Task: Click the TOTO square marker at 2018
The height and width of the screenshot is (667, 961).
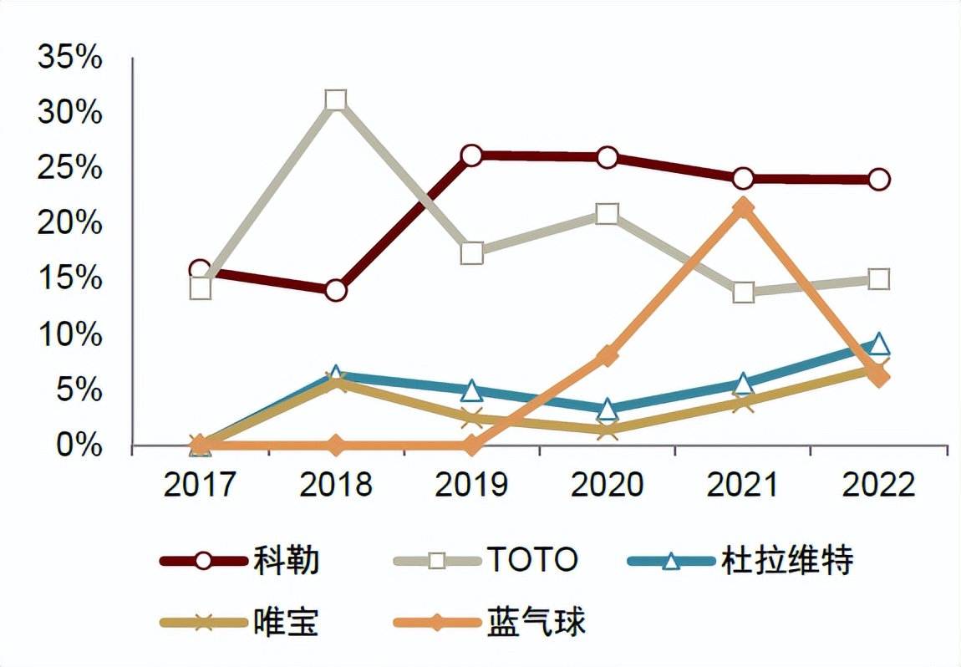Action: pyautogui.click(x=336, y=101)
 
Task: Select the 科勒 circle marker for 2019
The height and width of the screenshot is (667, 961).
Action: pyautogui.click(x=471, y=155)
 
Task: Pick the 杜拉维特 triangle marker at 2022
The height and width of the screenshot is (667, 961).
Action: pyautogui.click(x=878, y=344)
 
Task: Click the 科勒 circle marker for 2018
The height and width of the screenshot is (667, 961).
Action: pyautogui.click(x=336, y=291)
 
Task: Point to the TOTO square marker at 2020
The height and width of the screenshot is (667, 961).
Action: pyautogui.click(x=608, y=214)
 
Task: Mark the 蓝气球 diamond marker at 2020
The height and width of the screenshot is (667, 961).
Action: pyautogui.click(x=608, y=356)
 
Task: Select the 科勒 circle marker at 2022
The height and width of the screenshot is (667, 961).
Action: pyautogui.click(x=878, y=180)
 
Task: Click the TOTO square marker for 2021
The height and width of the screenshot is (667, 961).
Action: pyautogui.click(x=743, y=293)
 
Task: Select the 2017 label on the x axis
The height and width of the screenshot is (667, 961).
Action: pyautogui.click(x=200, y=485)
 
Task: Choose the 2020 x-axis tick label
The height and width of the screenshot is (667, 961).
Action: pyautogui.click(x=608, y=485)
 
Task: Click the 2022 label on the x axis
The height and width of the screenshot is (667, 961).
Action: pyautogui.click(x=878, y=485)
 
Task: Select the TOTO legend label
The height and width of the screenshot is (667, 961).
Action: pyautogui.click(x=531, y=561)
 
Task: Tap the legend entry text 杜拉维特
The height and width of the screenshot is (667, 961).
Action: pyautogui.click(x=786, y=561)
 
